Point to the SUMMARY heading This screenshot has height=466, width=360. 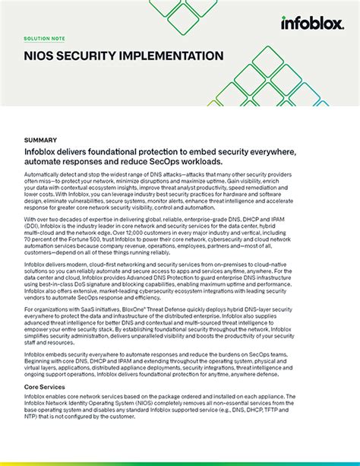coord(41,140)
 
